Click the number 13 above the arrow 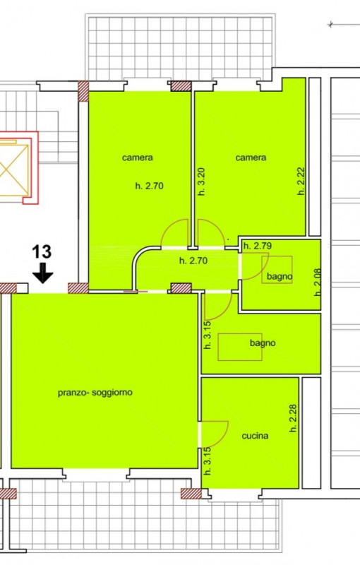point(42,251)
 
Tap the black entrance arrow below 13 point(42,272)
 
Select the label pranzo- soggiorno point(95,392)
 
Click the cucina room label point(255,436)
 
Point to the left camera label point(138,157)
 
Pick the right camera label point(251,157)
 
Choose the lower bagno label point(263,343)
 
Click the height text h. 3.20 point(201,182)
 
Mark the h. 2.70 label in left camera point(149,186)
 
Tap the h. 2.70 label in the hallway point(193,261)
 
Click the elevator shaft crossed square point(12,170)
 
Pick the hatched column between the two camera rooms point(181,85)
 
